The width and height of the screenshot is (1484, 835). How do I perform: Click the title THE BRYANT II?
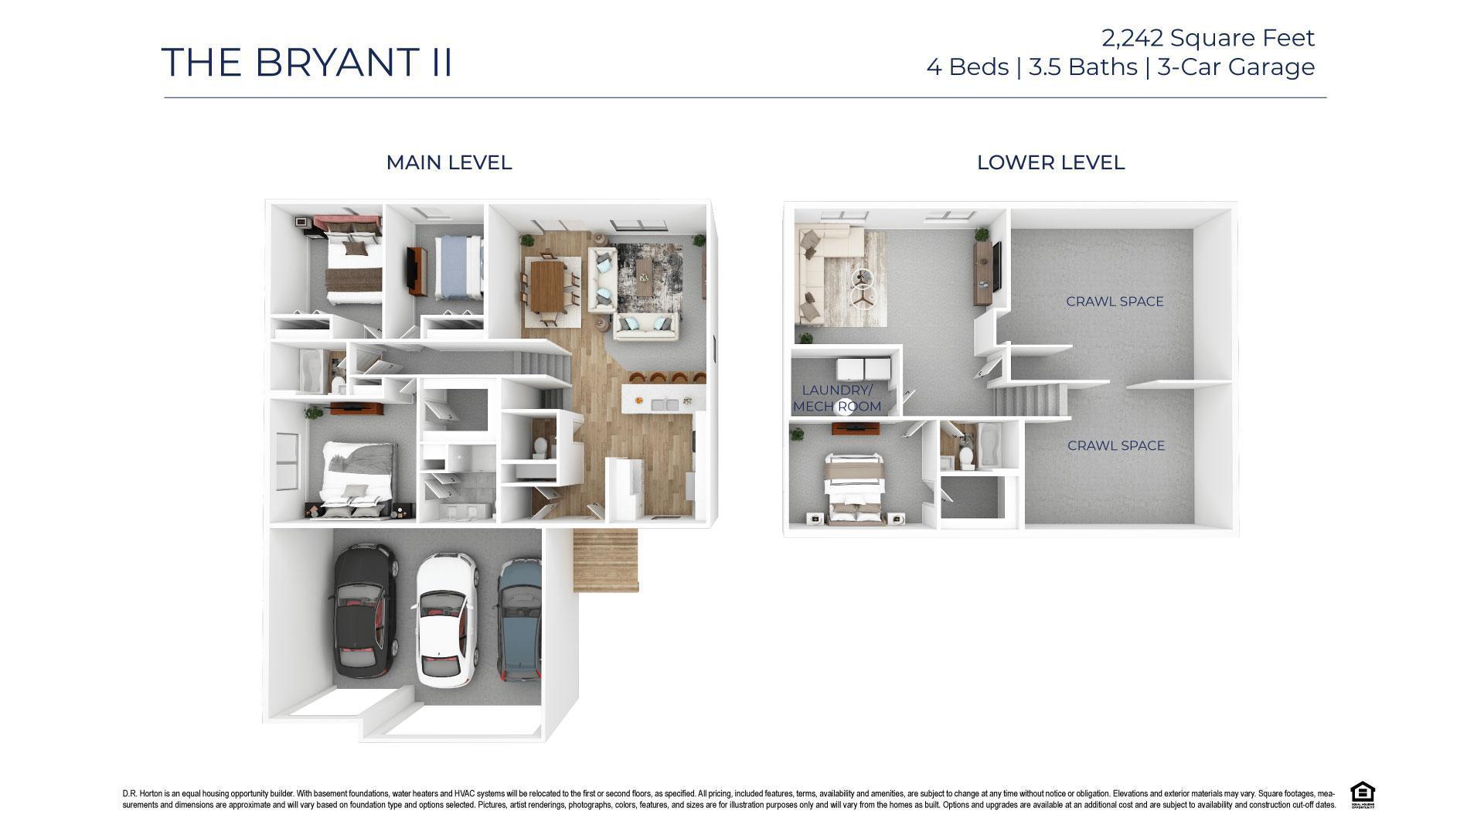307,62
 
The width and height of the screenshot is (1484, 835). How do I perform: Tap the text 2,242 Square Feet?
1207,37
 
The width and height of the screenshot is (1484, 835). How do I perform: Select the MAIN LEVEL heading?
448,162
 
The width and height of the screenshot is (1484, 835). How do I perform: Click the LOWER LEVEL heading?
1050,162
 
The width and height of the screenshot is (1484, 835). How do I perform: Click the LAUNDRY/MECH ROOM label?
837,398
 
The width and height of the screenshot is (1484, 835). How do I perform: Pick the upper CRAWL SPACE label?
1115,302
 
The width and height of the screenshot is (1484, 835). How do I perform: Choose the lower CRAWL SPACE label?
1115,445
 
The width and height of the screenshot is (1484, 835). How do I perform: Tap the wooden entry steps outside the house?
606,561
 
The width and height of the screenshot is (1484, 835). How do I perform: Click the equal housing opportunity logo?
1362,795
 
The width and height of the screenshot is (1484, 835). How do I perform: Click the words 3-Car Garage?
1236,67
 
